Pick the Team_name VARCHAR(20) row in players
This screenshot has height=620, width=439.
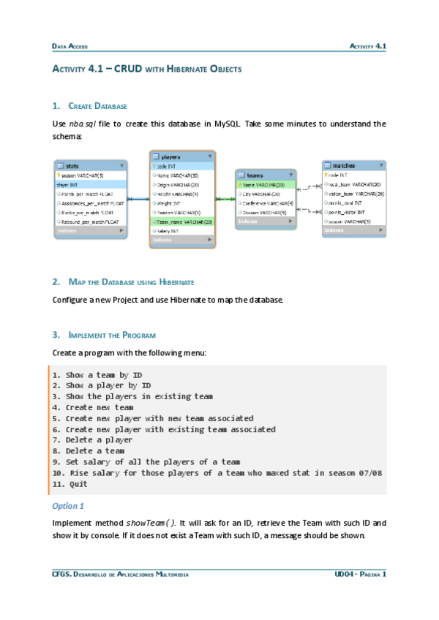(x=182, y=221)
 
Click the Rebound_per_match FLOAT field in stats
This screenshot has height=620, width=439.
(x=90, y=221)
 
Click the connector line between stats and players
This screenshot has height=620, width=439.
(x=138, y=199)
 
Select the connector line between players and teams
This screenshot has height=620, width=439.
(x=225, y=197)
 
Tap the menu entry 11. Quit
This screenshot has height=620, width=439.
(x=70, y=484)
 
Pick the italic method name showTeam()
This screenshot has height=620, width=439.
(x=151, y=523)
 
